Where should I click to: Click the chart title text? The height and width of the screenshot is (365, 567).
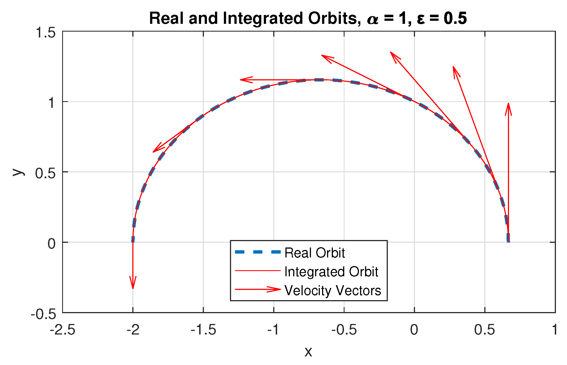coord(308,19)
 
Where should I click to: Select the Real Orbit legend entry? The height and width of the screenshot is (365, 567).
coord(315,253)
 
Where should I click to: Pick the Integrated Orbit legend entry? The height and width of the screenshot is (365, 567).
coord(331,272)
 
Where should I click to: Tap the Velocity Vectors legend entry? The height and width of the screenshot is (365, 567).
coord(333,290)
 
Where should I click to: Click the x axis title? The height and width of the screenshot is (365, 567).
coord(308,352)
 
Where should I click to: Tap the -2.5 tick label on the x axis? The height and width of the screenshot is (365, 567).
coord(62,330)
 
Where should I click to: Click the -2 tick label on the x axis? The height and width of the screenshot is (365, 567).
coord(133,330)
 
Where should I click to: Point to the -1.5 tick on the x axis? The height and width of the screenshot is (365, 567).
coord(203,330)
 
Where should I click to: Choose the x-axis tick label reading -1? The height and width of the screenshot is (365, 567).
coord(274,330)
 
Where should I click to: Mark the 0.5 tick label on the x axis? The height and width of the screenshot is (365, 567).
coord(485,330)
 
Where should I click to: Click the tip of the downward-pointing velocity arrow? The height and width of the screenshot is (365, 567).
coord(133,288)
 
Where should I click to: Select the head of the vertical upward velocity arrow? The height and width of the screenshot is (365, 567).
coord(508,104)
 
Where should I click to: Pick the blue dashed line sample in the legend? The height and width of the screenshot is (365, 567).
coord(258,252)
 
